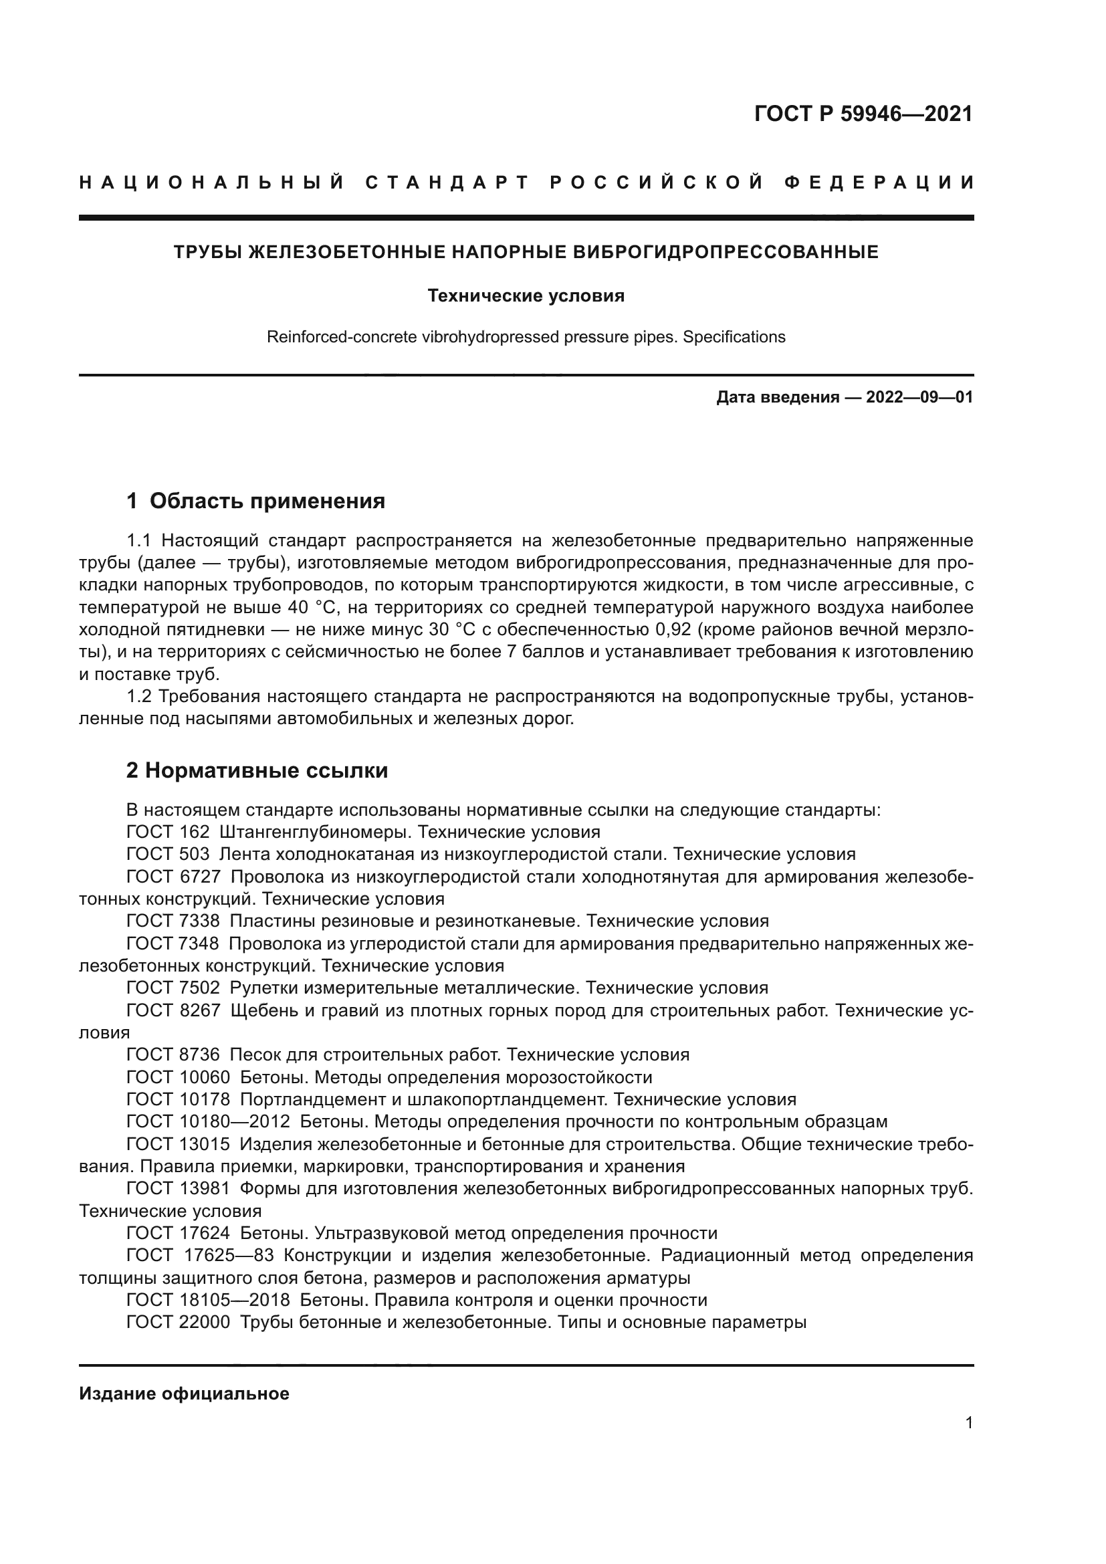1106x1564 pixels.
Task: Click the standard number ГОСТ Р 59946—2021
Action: point(863,114)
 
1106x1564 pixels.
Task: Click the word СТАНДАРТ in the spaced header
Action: point(447,183)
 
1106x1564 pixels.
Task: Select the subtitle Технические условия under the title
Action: point(526,296)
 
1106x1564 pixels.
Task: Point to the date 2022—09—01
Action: point(919,397)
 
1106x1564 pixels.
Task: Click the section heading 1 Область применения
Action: point(256,501)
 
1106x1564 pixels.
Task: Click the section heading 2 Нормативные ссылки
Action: point(257,770)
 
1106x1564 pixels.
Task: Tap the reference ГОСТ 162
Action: point(169,832)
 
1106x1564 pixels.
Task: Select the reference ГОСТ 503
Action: point(169,854)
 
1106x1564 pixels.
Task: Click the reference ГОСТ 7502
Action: point(173,988)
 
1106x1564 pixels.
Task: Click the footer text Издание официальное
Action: point(184,1393)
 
